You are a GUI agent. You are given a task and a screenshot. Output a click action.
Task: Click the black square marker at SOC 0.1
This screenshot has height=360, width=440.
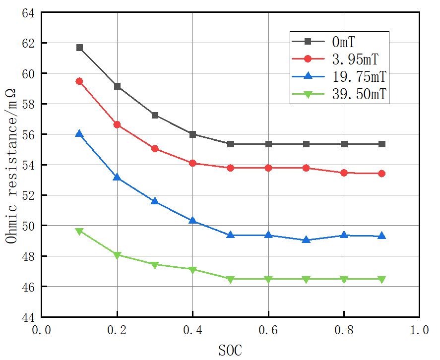(x=79, y=48)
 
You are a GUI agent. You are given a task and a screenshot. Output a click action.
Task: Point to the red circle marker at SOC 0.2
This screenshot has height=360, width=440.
(x=117, y=124)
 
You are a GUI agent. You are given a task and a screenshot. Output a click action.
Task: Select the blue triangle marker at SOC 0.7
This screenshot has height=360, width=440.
(x=306, y=240)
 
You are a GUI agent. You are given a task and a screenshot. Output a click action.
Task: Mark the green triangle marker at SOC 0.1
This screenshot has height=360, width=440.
(x=79, y=232)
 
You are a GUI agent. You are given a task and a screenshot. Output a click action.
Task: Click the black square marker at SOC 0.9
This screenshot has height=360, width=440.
(x=382, y=144)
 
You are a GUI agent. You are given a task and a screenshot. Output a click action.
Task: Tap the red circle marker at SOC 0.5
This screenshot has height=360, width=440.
(x=231, y=168)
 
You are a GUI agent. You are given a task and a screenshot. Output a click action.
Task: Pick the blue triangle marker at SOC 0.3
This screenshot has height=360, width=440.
(x=155, y=201)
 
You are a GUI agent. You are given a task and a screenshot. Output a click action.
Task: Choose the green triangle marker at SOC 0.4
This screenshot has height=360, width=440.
(x=192, y=270)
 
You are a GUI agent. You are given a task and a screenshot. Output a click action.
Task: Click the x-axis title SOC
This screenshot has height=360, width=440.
(x=230, y=350)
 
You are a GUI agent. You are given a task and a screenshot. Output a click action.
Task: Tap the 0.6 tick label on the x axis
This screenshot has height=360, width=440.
(x=268, y=330)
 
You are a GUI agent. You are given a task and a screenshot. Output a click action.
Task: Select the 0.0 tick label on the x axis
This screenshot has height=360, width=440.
(x=41, y=330)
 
